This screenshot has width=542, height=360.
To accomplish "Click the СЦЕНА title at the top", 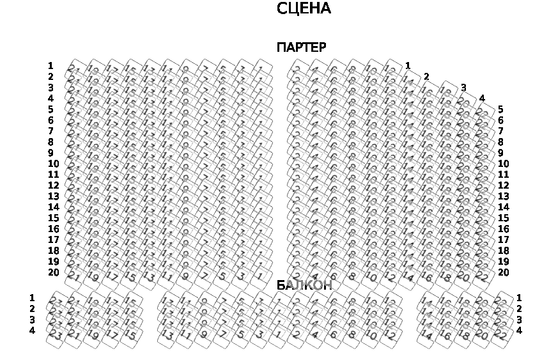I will (304, 9).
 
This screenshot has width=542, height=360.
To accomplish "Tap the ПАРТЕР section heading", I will (301, 48).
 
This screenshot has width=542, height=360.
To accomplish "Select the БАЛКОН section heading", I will (304, 285).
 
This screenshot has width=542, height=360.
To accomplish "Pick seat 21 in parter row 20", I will (74, 276).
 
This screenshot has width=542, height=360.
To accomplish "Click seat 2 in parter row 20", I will (297, 276).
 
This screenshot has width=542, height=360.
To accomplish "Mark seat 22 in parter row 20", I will (482, 276).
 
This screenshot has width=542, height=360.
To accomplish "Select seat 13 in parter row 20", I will (148, 276).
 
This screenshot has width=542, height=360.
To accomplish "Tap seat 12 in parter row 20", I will (389, 276).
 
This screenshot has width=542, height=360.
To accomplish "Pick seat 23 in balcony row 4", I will (56, 334).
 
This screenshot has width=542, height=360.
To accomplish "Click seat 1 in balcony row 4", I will (278, 334).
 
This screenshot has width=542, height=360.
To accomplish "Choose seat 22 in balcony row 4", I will (500, 334).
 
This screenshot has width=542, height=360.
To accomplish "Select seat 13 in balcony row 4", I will (167, 334).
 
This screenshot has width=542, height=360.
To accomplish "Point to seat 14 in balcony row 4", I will (426, 334).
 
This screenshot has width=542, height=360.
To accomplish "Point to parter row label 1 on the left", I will (50, 66).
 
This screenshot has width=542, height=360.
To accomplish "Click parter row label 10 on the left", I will (53, 164).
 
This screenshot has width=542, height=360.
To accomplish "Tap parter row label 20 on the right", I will (503, 272).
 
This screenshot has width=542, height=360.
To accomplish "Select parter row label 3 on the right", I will (463, 88).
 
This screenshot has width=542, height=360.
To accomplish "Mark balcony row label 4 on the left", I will (32, 331).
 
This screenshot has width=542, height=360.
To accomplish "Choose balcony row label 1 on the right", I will (519, 298).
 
